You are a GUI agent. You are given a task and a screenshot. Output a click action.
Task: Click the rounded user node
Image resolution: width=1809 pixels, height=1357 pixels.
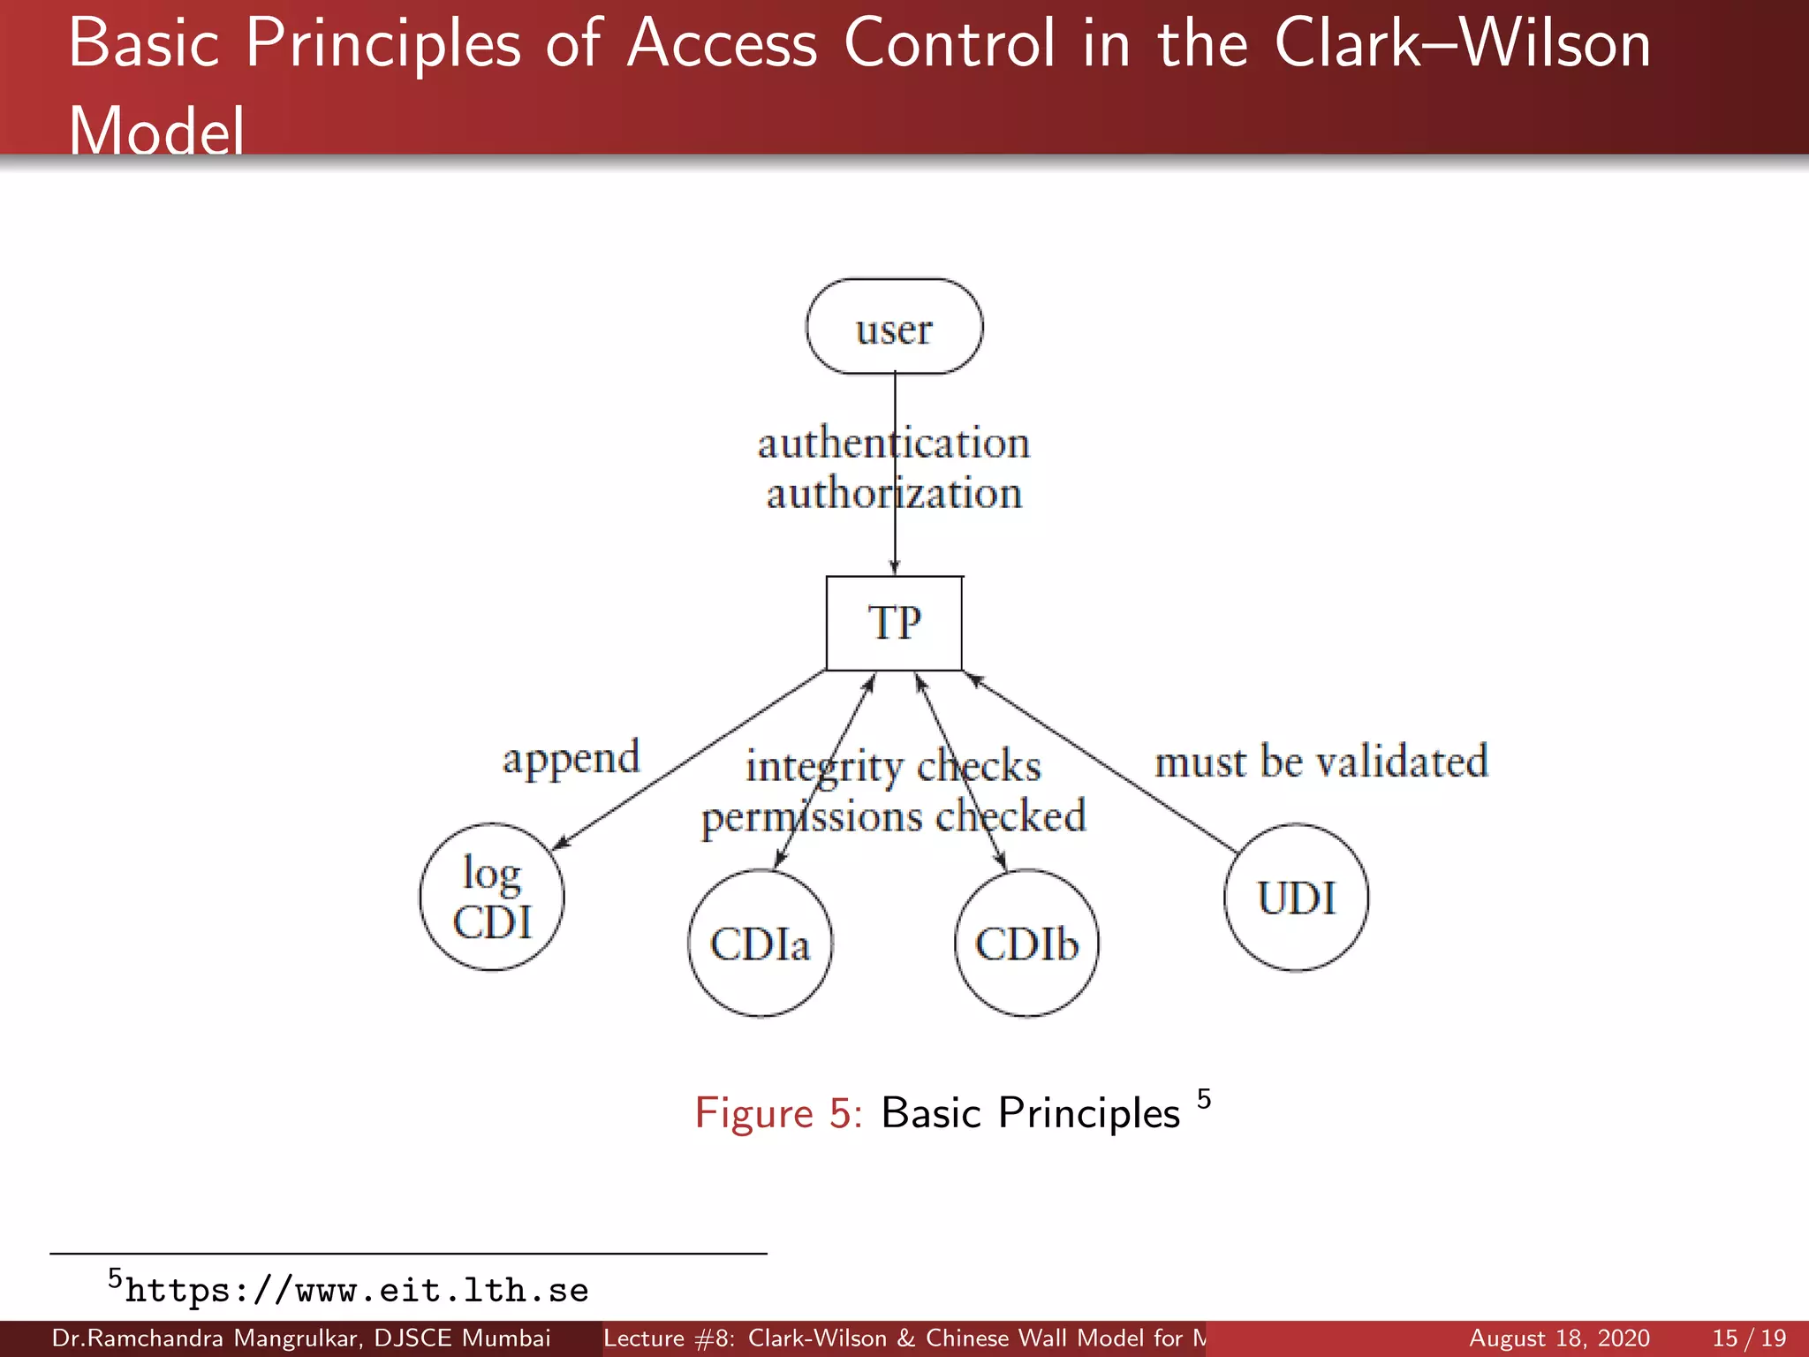(894, 327)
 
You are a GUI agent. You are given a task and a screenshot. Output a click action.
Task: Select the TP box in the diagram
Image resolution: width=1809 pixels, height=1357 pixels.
(894, 623)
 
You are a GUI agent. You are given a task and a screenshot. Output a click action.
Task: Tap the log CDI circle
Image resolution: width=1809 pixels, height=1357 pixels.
(492, 897)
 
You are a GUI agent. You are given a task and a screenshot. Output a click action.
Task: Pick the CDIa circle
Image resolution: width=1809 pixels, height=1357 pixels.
(760, 943)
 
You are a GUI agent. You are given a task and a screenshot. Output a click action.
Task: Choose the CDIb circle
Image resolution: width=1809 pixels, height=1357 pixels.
(1026, 943)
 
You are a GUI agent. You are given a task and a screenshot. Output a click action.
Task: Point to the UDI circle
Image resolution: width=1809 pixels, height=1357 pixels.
(1296, 897)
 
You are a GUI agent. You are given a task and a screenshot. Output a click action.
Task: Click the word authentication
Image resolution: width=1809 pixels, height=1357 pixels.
(893, 443)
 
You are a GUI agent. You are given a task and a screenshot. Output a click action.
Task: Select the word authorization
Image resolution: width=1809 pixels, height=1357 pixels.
(893, 493)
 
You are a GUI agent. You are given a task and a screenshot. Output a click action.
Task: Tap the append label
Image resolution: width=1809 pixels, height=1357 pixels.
(571, 759)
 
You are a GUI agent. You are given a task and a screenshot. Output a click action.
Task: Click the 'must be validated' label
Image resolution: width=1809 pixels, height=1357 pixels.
(1321, 762)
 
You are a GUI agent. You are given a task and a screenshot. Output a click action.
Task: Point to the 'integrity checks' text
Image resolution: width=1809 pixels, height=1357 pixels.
(893, 766)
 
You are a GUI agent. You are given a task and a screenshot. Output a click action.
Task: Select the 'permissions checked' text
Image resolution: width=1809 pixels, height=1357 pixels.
(893, 816)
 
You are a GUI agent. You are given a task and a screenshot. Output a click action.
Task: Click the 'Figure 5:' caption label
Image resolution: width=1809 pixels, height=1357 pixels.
(778, 1113)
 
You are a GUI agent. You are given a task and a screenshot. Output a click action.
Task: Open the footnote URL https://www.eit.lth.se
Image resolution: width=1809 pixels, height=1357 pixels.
(356, 1291)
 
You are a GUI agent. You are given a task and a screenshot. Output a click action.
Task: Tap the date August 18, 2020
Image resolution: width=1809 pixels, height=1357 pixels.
(1559, 1338)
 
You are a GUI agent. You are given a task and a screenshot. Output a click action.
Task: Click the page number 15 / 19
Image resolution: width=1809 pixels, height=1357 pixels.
(1749, 1338)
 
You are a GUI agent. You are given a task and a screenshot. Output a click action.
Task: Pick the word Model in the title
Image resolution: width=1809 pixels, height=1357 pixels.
(156, 131)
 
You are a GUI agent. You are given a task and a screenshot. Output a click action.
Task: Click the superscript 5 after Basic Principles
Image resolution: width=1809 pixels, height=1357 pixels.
(1204, 1099)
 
